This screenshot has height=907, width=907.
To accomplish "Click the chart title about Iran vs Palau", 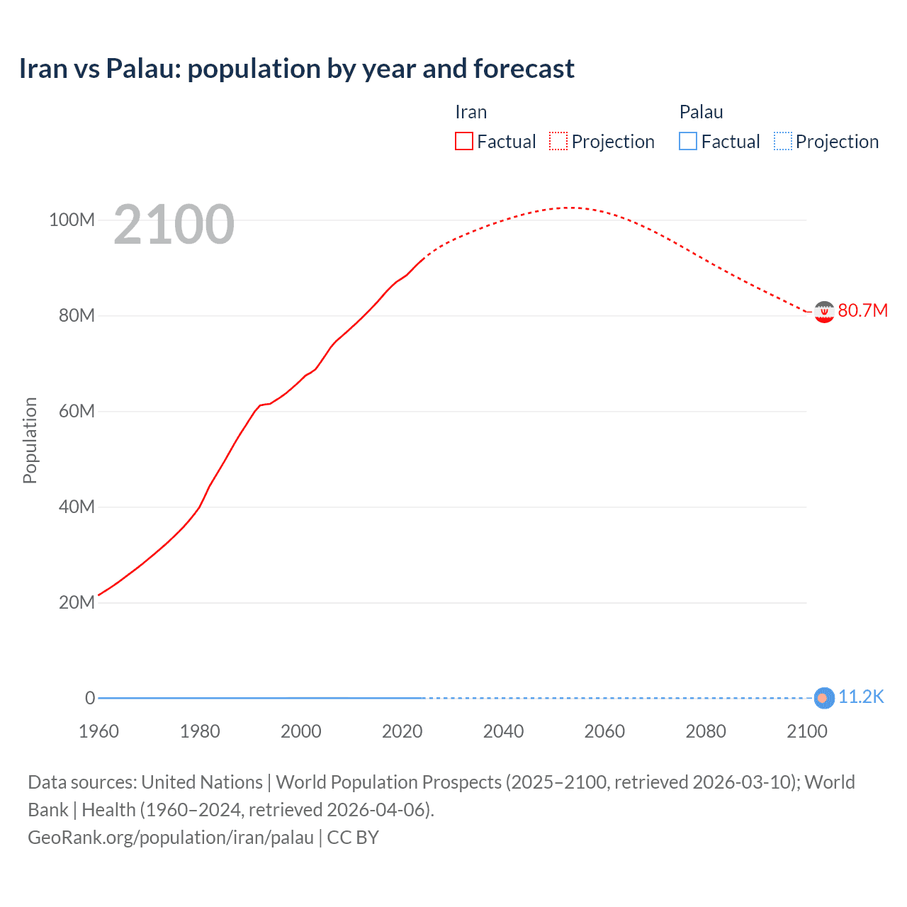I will [x=296, y=69].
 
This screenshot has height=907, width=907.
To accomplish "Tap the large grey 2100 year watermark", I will [x=174, y=225].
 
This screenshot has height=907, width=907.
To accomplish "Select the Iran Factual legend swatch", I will [x=463, y=142].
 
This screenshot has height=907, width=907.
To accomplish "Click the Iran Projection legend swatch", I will [x=558, y=142].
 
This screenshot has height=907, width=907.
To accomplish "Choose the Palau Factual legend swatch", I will [x=687, y=142].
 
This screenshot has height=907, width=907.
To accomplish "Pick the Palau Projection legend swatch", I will [x=782, y=142].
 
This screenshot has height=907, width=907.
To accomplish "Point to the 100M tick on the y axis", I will [x=72, y=220].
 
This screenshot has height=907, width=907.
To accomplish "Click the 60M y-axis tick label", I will [x=76, y=411].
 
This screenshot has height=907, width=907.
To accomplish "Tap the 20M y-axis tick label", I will [x=76, y=602].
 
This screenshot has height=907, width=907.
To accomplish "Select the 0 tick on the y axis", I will [x=90, y=698].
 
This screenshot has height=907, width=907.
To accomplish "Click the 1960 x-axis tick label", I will [x=98, y=731].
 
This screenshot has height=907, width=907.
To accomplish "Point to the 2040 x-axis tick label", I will [x=503, y=731].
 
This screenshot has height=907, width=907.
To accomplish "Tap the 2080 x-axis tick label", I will [x=706, y=731].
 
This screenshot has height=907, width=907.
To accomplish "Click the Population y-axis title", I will [x=30, y=440].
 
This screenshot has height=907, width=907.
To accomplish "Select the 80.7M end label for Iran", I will [x=862, y=311].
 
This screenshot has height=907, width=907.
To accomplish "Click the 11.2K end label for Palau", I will [x=861, y=697].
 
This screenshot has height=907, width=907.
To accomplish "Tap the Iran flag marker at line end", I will [x=823, y=312].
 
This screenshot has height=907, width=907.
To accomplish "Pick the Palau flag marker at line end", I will [x=823, y=698].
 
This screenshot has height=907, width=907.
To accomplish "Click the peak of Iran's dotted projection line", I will [x=569, y=208].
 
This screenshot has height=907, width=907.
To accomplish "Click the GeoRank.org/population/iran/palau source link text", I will [x=171, y=838].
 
